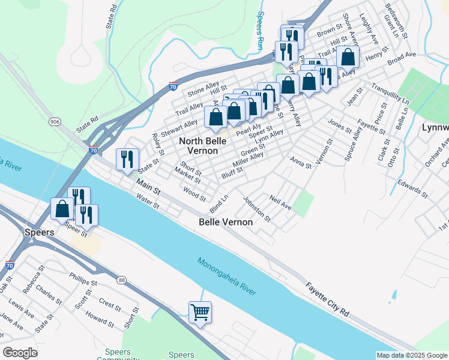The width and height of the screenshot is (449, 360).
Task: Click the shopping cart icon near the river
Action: (200, 311)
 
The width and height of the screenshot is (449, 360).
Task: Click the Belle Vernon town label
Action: (226, 221)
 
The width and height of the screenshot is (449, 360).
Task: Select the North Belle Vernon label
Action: (202, 145)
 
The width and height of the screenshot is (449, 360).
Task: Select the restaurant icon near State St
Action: (127, 160)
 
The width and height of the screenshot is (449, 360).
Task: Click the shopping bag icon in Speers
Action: (62, 209)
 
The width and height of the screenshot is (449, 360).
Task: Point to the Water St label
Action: (146, 202)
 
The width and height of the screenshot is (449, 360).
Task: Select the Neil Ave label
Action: (280, 202)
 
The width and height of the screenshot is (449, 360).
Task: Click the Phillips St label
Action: (83, 279)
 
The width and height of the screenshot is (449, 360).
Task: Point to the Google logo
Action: (20, 353)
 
